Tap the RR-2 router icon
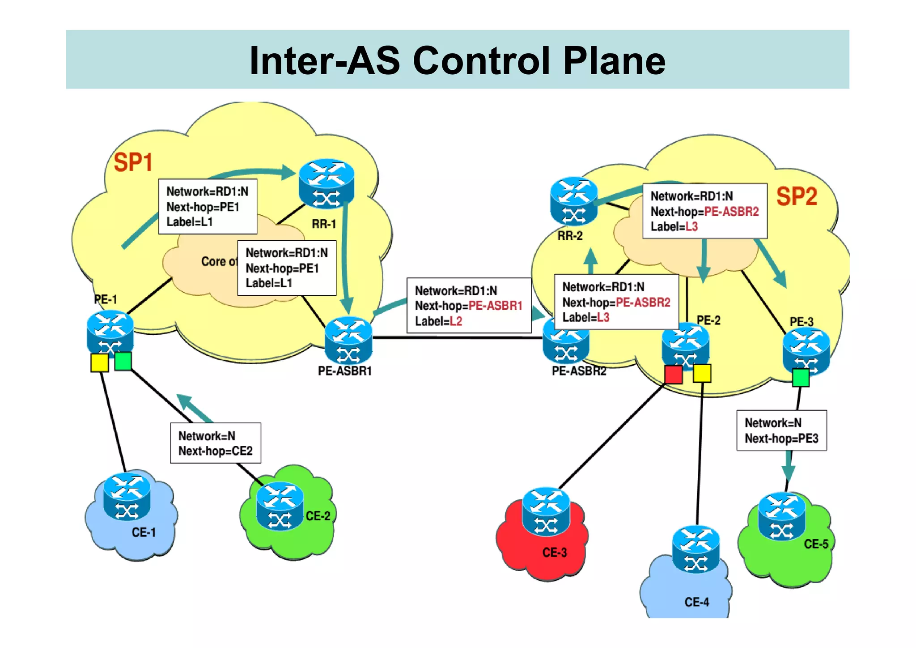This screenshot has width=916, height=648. pyautogui.click(x=573, y=201)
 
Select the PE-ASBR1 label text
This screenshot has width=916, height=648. pyautogui.click(x=344, y=371)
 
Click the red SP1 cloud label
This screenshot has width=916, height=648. pyautogui.click(x=133, y=162)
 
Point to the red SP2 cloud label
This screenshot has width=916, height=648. pyautogui.click(x=797, y=196)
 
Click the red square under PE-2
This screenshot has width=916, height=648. pyautogui.click(x=673, y=375)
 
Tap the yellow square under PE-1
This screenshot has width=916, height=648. pyautogui.click(x=99, y=362)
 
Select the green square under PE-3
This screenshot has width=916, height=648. pyautogui.click(x=800, y=378)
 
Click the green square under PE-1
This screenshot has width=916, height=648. pyautogui.click(x=123, y=361)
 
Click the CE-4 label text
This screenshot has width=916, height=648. pyautogui.click(x=696, y=602)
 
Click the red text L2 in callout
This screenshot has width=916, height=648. pyautogui.click(x=456, y=321)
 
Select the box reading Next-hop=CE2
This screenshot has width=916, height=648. pyautogui.click(x=216, y=443)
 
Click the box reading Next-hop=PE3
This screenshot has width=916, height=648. pyautogui.click(x=781, y=431)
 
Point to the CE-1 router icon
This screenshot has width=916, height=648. pyautogui.click(x=127, y=497)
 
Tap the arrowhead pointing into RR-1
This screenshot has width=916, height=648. pyautogui.click(x=288, y=172)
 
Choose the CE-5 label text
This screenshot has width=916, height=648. pyautogui.click(x=816, y=544)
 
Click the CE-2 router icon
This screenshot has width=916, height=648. pyautogui.click(x=280, y=506)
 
